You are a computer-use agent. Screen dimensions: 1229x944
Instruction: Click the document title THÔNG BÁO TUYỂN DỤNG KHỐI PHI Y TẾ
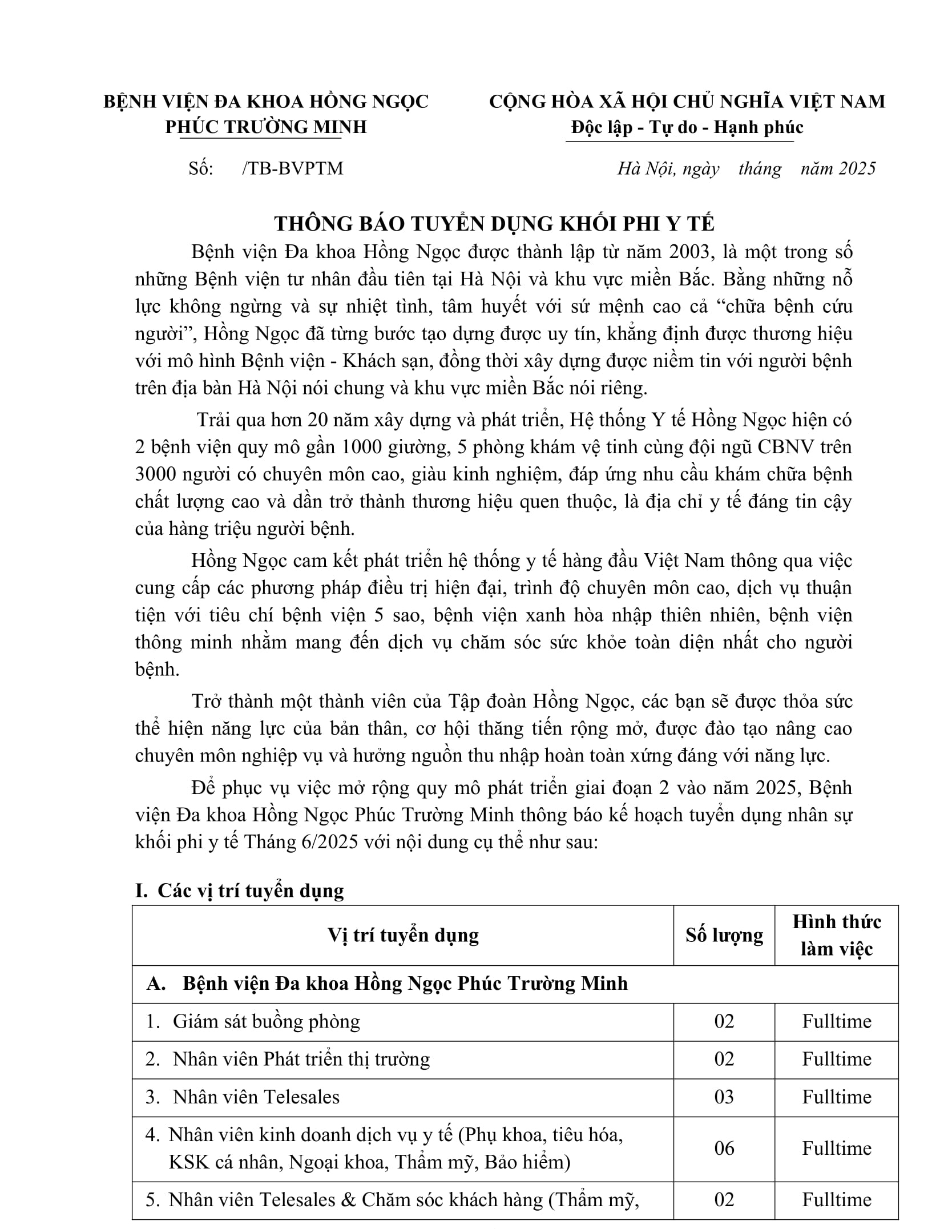[494, 223]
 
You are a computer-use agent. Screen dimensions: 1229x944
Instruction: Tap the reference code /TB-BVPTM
[292, 168]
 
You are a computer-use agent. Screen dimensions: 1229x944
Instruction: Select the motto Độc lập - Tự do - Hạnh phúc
[687, 127]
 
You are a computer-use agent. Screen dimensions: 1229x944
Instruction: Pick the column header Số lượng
[724, 936]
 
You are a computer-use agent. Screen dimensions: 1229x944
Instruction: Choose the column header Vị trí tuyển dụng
[403, 936]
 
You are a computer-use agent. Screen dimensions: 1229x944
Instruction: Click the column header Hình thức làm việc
[836, 936]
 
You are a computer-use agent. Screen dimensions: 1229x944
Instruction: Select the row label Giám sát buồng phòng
[266, 1021]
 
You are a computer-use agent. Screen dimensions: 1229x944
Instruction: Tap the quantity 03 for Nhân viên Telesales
[724, 1097]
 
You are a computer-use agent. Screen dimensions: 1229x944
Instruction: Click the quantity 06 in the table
[724, 1148]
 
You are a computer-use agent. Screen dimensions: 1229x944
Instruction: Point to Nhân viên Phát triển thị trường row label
[301, 1059]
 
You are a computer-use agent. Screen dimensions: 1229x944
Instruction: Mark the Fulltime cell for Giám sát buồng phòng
[836, 1021]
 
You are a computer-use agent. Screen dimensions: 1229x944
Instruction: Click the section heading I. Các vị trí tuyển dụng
[240, 890]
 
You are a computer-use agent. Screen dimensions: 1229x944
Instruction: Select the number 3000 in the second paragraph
[156, 474]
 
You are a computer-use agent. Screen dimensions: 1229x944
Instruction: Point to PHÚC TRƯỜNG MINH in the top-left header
[266, 127]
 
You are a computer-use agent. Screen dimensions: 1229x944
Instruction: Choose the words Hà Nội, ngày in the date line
[668, 168]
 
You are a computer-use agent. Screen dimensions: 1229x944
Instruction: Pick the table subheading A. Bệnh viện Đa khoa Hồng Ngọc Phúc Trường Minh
[388, 984]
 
